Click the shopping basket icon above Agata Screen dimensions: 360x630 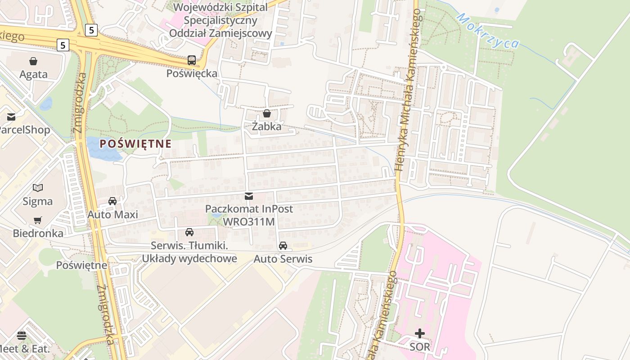coord(33,61)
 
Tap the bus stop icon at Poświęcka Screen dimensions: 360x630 coord(192,60)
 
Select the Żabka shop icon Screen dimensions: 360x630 coord(266,113)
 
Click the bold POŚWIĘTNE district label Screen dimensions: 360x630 coord(135,144)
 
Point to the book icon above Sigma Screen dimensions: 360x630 coord(38,188)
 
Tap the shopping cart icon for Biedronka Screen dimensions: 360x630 coord(38,220)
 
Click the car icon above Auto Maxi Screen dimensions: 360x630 coord(112,201)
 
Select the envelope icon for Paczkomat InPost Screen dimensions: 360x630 coord(248,196)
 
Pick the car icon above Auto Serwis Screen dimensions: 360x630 coord(283,246)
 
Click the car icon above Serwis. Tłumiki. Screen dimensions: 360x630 coord(189,232)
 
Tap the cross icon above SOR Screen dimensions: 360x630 coord(419,333)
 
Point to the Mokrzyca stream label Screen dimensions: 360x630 coord(488,31)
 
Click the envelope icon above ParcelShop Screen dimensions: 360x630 coord(11,117)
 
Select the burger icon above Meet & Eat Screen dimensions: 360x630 coord(21,335)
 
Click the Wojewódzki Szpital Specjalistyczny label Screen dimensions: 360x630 coord(220,20)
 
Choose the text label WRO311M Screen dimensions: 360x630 coord(249,222)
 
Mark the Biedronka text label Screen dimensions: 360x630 coord(38,233)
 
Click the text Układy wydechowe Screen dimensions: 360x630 coord(189,259)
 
